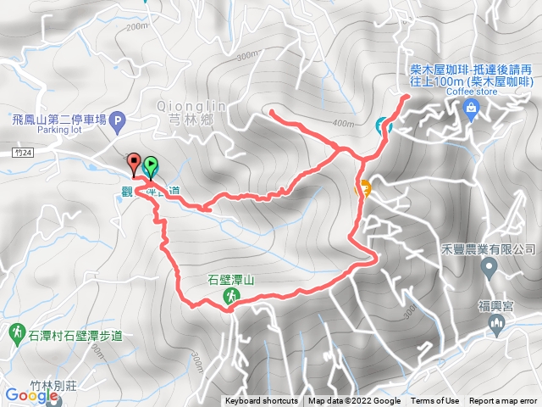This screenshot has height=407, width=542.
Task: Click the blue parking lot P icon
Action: pyautogui.click(x=118, y=120)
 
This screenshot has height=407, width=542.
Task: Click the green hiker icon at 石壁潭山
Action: pyautogui.click(x=230, y=295)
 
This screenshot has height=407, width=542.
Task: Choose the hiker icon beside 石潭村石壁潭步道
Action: pyautogui.click(x=18, y=331)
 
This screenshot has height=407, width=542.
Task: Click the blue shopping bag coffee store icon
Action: pyautogui.click(x=471, y=106)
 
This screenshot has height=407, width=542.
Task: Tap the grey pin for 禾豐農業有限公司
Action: pyautogui.click(x=489, y=269)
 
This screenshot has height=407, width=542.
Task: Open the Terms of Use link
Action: pyautogui.click(x=434, y=401)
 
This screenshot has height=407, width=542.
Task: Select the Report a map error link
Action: pyautogui.click(x=503, y=401)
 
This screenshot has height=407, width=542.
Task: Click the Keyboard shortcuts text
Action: pyautogui.click(x=261, y=401)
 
